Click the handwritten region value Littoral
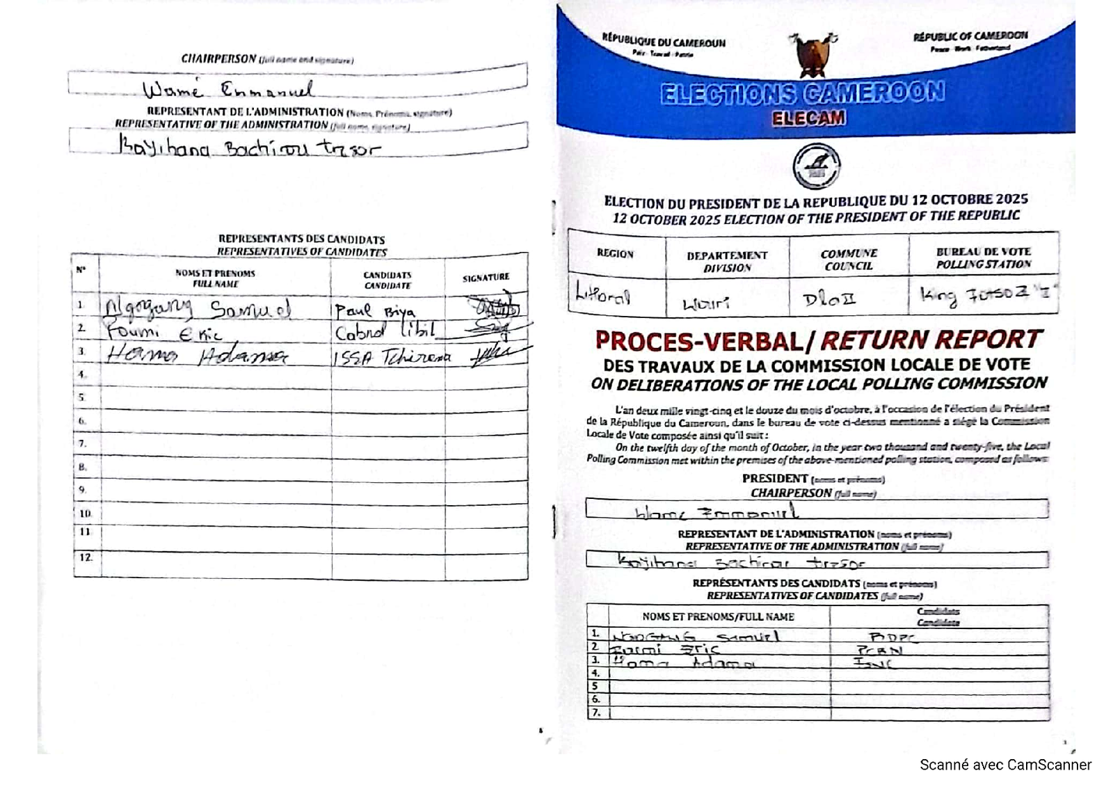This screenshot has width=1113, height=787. click(x=602, y=295)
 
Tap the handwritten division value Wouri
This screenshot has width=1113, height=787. click(x=706, y=303)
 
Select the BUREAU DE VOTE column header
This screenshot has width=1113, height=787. click(x=983, y=257)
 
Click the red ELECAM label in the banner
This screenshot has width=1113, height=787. click(x=809, y=118)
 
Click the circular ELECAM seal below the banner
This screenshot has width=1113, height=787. click(x=817, y=166)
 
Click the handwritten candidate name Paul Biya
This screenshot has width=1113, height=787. click(x=374, y=310)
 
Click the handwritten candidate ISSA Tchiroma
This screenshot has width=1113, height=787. click(x=392, y=357)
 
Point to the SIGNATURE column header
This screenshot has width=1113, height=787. click(x=486, y=278)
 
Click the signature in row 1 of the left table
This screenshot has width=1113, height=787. click(x=493, y=305)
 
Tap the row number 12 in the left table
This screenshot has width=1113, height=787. click(x=86, y=557)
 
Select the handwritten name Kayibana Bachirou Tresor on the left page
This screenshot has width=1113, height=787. click(x=248, y=148)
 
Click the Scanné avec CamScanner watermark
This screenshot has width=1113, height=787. click(x=1005, y=765)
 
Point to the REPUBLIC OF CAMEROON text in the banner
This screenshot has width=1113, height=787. click(x=970, y=36)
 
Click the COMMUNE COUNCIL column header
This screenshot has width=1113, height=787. click(x=849, y=260)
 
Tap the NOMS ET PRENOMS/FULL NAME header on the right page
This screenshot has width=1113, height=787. click(x=718, y=617)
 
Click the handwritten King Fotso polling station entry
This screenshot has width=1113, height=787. click(x=984, y=294)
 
